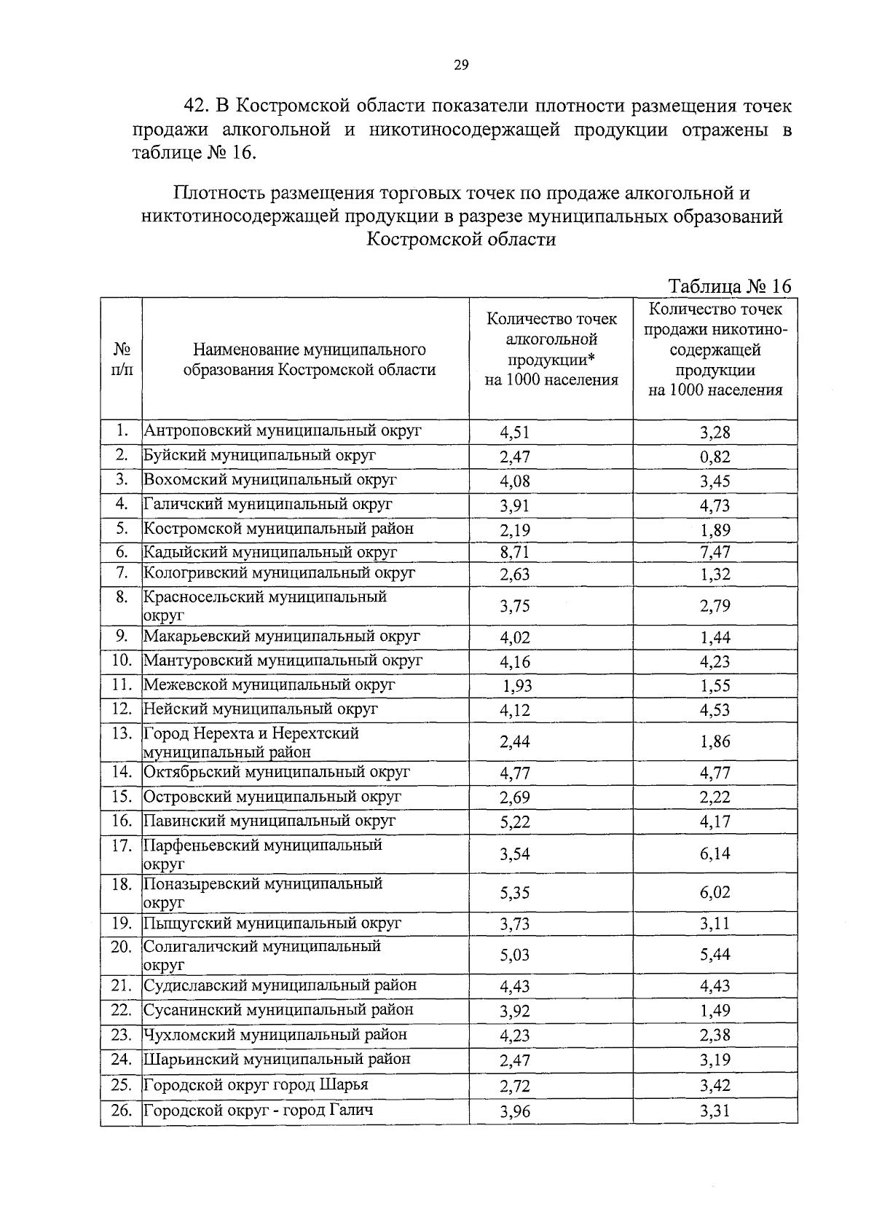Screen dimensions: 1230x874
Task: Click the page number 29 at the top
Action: coord(460,66)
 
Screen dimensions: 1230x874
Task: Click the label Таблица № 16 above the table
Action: coord(729,286)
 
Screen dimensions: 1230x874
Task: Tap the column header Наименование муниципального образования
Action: coord(309,360)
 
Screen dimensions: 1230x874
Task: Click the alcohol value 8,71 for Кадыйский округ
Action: coord(514,552)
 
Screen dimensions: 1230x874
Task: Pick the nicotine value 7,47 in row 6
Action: coord(714,552)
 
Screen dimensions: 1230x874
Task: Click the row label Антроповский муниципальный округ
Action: coord(283,430)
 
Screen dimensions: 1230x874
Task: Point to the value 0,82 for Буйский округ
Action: coord(714,457)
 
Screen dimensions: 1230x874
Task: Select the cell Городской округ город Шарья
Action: coord(256,1084)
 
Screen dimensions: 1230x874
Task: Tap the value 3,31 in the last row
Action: coord(714,1111)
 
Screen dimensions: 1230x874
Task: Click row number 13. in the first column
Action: coord(122,733)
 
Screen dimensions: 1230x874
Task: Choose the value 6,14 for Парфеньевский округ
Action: coord(714,853)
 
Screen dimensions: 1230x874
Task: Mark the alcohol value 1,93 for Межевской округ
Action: coord(517,685)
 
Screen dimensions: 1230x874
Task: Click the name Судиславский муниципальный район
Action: coord(280,985)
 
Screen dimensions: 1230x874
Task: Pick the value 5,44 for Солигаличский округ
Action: coord(714,955)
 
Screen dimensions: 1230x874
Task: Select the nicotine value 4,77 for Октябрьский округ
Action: coord(714,773)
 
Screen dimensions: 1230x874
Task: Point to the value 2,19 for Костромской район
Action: coord(514,530)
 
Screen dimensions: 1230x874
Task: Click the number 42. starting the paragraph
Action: coord(197,106)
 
